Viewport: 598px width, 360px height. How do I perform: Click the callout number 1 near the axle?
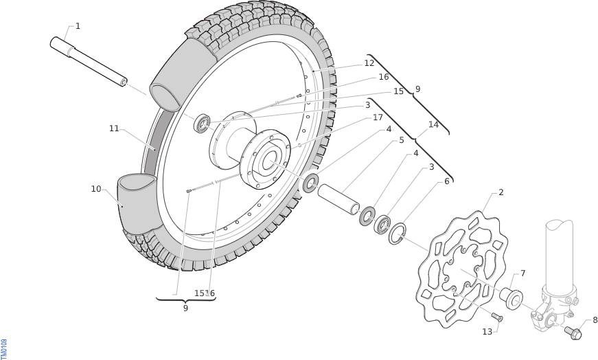coord(78,26)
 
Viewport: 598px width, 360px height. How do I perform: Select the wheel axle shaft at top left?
coord(89,61)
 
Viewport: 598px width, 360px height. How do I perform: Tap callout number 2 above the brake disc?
coord(501,192)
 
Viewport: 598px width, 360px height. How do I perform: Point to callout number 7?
coord(522,273)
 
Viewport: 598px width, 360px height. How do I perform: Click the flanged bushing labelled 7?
coord(511,297)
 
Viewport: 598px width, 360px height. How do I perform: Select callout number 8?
coord(595,320)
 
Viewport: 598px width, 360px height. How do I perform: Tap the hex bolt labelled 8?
coord(573,333)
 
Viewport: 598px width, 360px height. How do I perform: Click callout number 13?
coord(487,332)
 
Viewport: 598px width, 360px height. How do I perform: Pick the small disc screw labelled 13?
coord(497,317)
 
